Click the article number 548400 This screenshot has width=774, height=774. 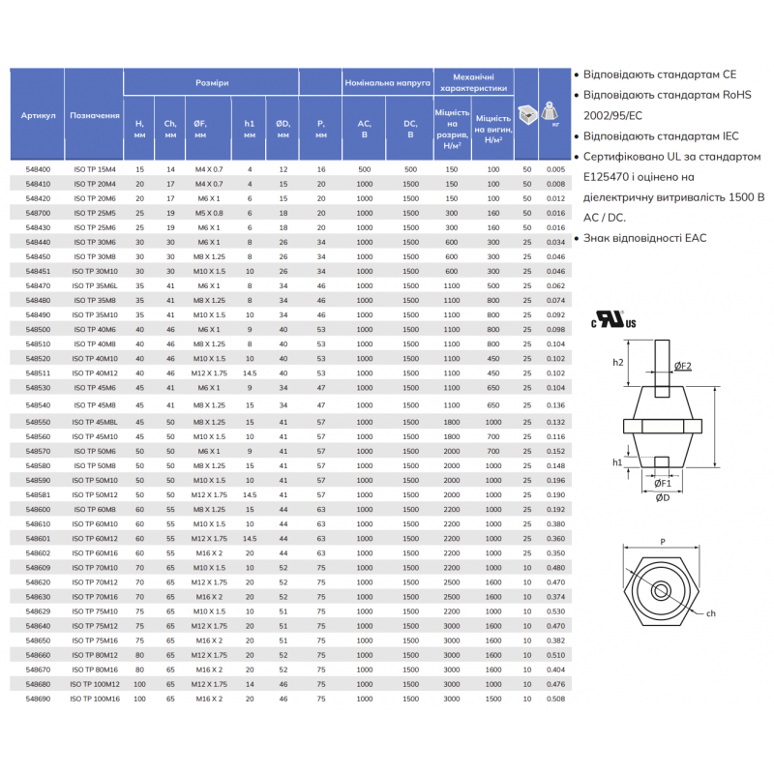click(x=38, y=169)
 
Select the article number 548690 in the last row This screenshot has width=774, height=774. click(x=38, y=698)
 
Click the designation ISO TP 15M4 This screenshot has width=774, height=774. click(x=94, y=169)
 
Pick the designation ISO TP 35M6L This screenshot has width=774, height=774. click(x=94, y=286)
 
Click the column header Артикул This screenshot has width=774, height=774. click(x=38, y=114)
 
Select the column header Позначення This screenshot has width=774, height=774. click(x=94, y=114)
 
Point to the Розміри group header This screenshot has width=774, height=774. click(x=212, y=83)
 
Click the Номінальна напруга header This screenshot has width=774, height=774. click(x=387, y=83)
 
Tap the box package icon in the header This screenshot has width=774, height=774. click(x=527, y=112)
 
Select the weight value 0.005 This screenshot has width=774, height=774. click(x=554, y=169)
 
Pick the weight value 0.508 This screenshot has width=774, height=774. click(x=554, y=698)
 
